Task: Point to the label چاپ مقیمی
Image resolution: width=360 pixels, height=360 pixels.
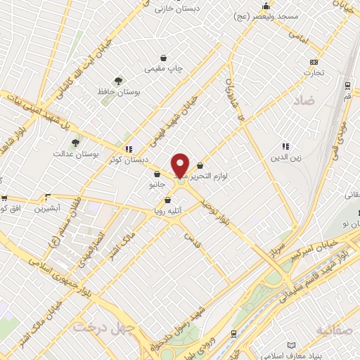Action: [164, 69]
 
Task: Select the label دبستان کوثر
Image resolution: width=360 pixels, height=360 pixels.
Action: [128, 160]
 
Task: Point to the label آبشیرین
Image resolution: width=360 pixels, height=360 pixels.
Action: [48, 209]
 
